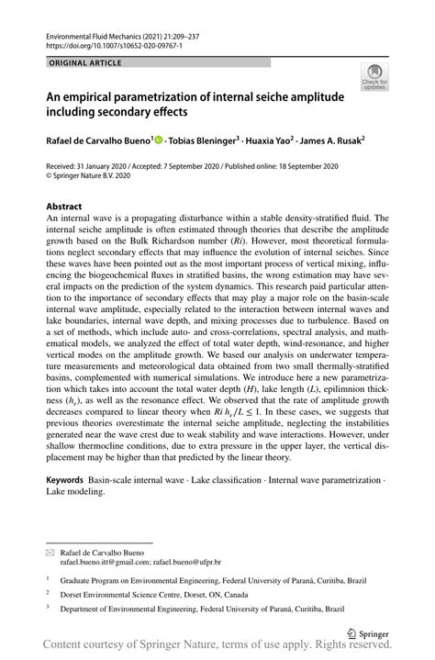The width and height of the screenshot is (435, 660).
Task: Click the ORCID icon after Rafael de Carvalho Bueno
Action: tap(159, 140)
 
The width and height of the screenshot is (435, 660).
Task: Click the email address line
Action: tap(140, 562)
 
